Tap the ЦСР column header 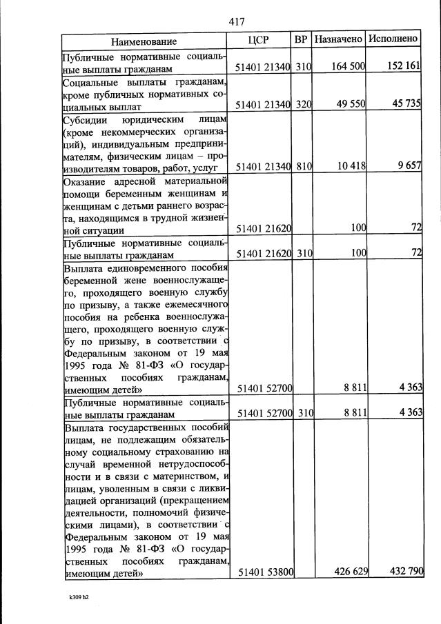click(262, 40)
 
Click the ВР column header click(301, 40)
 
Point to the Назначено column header click(338, 40)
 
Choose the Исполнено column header click(393, 39)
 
